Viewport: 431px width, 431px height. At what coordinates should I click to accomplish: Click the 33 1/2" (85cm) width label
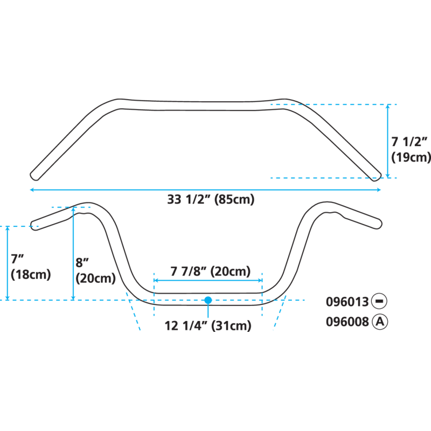click(x=210, y=200)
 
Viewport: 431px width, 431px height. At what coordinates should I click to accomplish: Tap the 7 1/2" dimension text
click(x=409, y=142)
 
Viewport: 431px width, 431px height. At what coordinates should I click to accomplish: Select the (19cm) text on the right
click(x=411, y=157)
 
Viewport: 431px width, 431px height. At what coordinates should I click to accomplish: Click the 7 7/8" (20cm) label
click(x=210, y=272)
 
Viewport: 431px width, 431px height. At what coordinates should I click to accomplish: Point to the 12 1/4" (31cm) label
click(x=208, y=325)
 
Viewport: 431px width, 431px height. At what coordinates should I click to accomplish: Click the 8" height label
click(x=82, y=263)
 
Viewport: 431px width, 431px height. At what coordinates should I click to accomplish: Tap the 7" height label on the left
click(x=17, y=259)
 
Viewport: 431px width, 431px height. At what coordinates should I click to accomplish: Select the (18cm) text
click(x=30, y=274)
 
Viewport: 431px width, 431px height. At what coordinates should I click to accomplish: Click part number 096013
click(x=347, y=302)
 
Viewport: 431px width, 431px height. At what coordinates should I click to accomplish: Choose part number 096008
click(x=347, y=322)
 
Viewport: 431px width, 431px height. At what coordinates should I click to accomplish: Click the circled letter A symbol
click(x=380, y=322)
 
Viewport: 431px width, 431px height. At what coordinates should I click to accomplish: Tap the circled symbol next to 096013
click(x=380, y=302)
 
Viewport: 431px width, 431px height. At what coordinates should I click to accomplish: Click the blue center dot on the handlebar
click(x=208, y=300)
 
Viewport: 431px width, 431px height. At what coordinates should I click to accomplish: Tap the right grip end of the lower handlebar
click(x=378, y=223)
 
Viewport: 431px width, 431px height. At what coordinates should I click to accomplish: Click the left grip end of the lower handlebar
click(x=34, y=225)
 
